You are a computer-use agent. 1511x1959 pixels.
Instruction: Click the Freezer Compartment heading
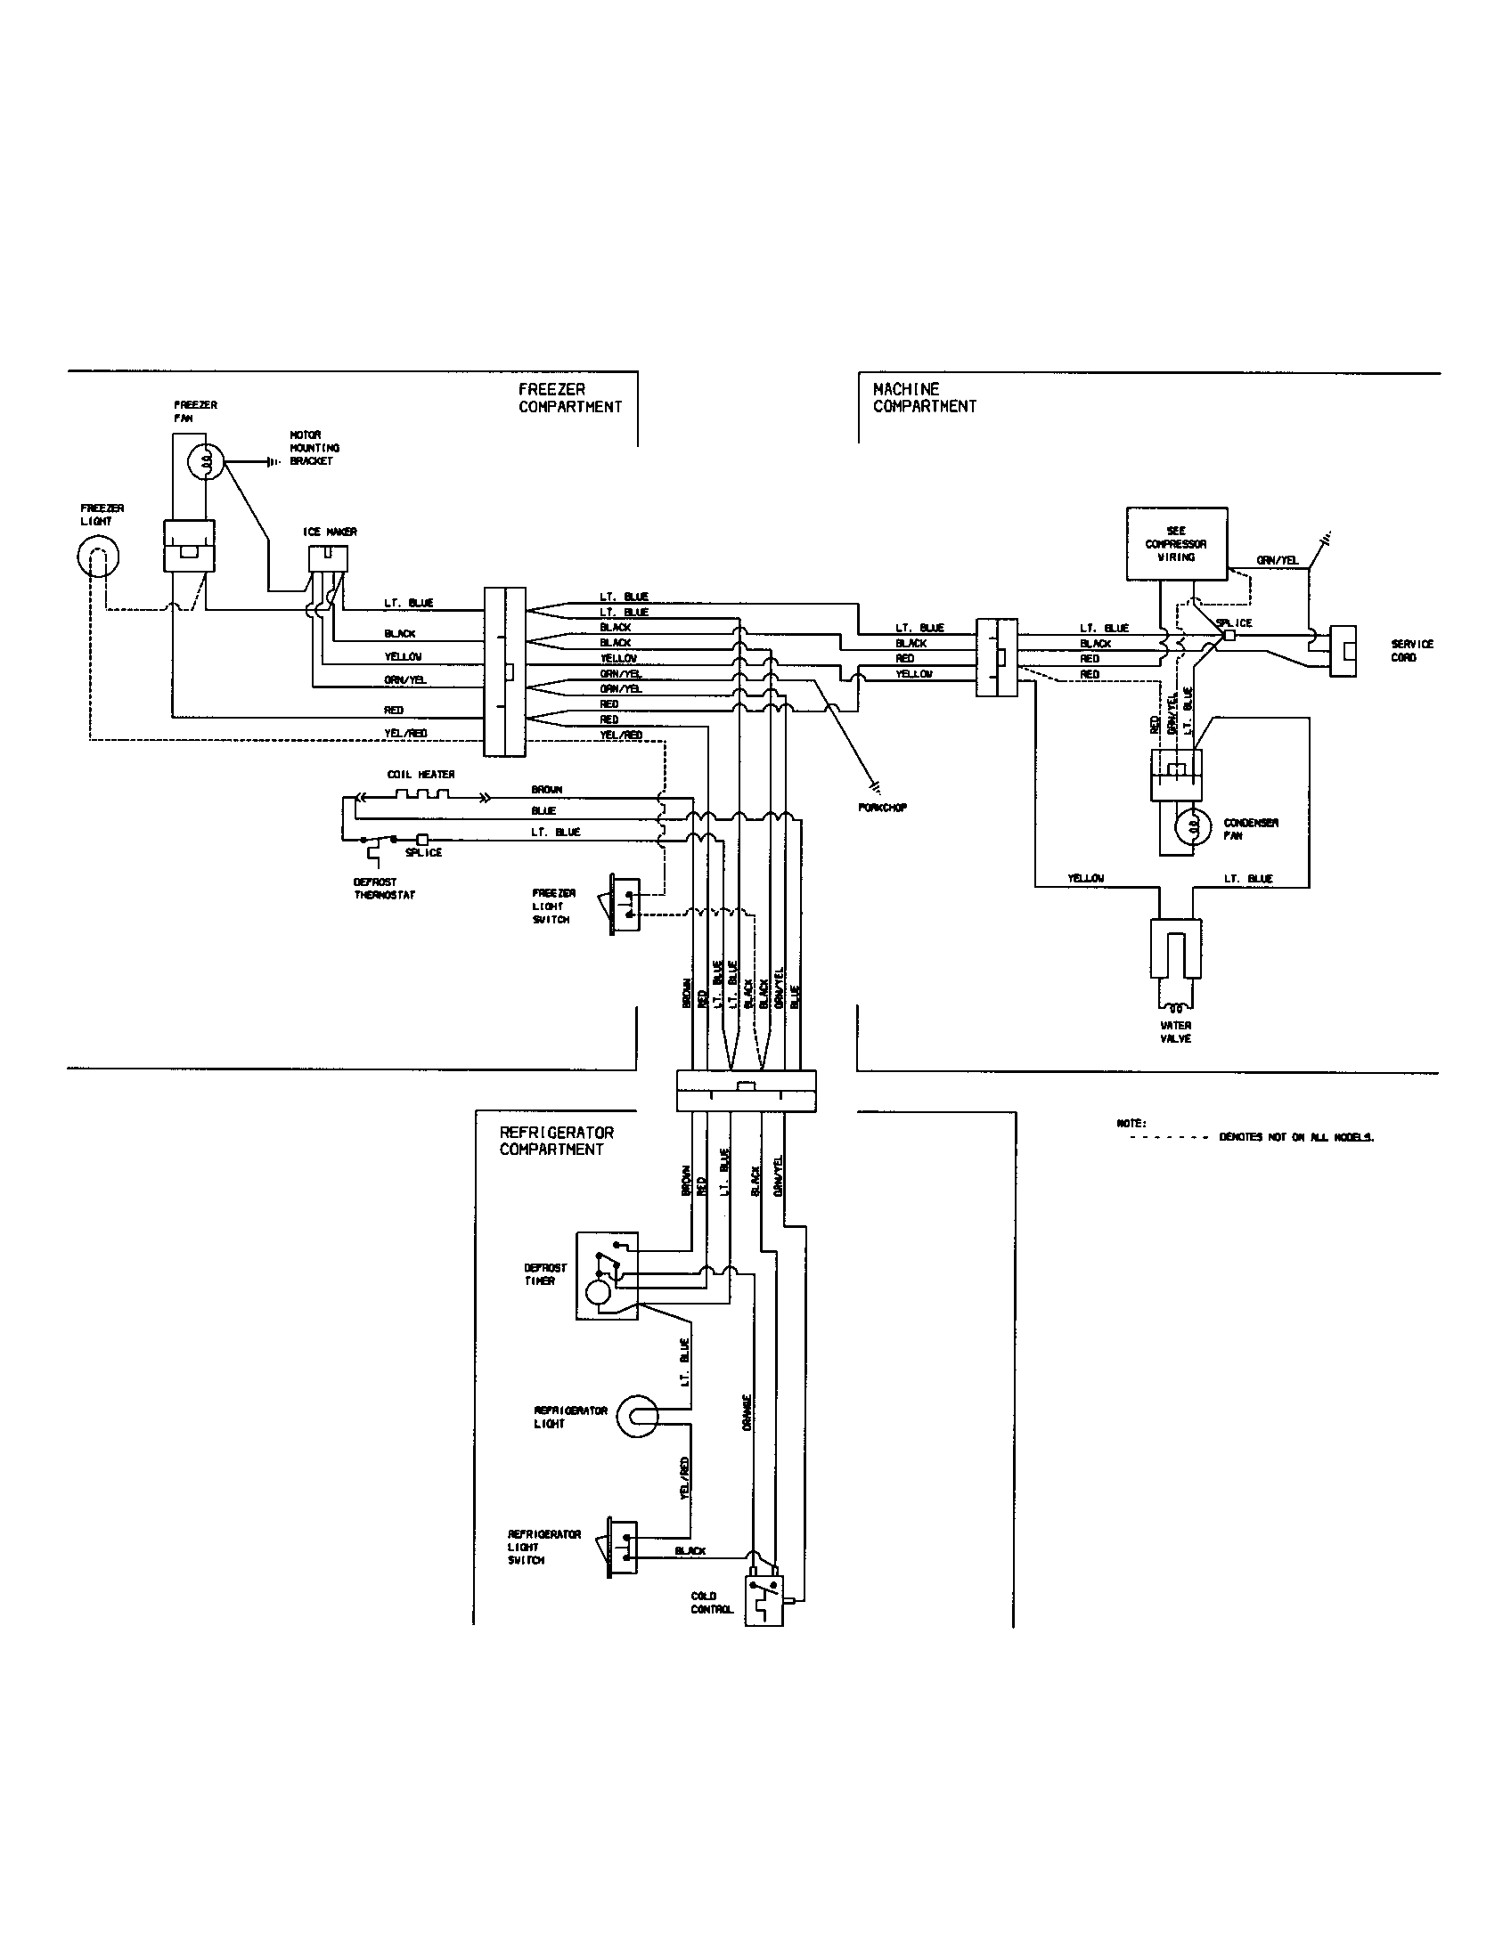[x=570, y=397]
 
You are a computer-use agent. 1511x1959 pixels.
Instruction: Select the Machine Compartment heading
[x=924, y=397]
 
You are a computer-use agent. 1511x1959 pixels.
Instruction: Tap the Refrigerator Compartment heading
[x=556, y=1141]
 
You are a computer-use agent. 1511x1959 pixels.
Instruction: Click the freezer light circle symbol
[x=97, y=558]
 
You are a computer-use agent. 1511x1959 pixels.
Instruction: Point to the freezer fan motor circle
[x=206, y=462]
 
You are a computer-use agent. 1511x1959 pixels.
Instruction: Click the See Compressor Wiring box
[x=1176, y=543]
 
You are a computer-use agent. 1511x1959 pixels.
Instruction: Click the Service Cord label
[x=1412, y=650]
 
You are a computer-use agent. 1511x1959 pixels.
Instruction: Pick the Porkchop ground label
[x=883, y=808]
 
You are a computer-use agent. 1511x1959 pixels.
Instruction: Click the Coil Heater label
[x=421, y=774]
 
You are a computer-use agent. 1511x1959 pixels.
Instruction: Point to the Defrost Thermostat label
[x=384, y=888]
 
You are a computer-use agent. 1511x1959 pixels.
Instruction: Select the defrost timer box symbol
[x=607, y=1275]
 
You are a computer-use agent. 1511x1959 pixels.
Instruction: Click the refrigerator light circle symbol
[x=638, y=1417]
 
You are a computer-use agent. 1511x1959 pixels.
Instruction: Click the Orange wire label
[x=747, y=1413]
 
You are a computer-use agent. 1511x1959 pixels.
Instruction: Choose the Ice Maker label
[x=330, y=532]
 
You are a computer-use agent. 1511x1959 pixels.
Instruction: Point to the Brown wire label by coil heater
[x=546, y=789]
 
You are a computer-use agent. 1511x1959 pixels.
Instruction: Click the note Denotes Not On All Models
[x=1295, y=1137]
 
